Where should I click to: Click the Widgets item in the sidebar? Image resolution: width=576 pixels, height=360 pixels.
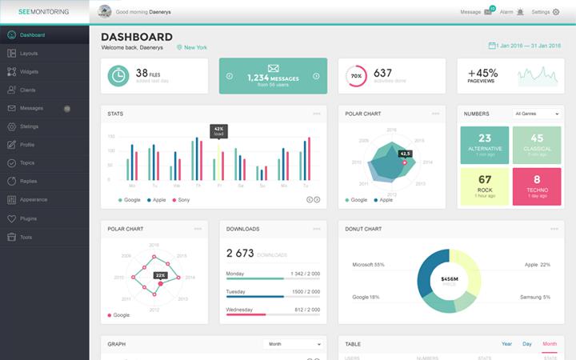(x=28, y=71)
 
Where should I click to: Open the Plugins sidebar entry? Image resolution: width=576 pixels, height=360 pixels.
(x=30, y=218)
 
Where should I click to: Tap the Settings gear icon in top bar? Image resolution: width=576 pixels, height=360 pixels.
(x=556, y=12)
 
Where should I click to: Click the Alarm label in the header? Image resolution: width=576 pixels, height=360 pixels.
(x=506, y=12)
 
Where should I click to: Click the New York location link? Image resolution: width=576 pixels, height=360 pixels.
(x=195, y=47)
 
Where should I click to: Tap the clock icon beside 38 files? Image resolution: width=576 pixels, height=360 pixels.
(x=118, y=75)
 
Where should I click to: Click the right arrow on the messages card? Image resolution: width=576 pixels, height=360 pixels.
(x=316, y=76)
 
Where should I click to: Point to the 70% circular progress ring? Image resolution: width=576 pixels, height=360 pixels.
(x=356, y=76)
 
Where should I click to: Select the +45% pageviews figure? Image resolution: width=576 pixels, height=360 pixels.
(x=483, y=72)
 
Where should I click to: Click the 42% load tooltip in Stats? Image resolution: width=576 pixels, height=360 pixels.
(x=218, y=131)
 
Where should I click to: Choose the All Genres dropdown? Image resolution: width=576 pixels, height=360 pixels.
(x=536, y=114)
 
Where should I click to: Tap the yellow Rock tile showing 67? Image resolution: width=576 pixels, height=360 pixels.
(x=485, y=186)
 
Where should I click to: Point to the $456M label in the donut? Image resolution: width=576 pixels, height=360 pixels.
(x=449, y=279)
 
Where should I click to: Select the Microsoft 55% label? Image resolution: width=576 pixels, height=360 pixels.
(x=369, y=265)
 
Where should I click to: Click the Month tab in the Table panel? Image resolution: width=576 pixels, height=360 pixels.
(x=550, y=344)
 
